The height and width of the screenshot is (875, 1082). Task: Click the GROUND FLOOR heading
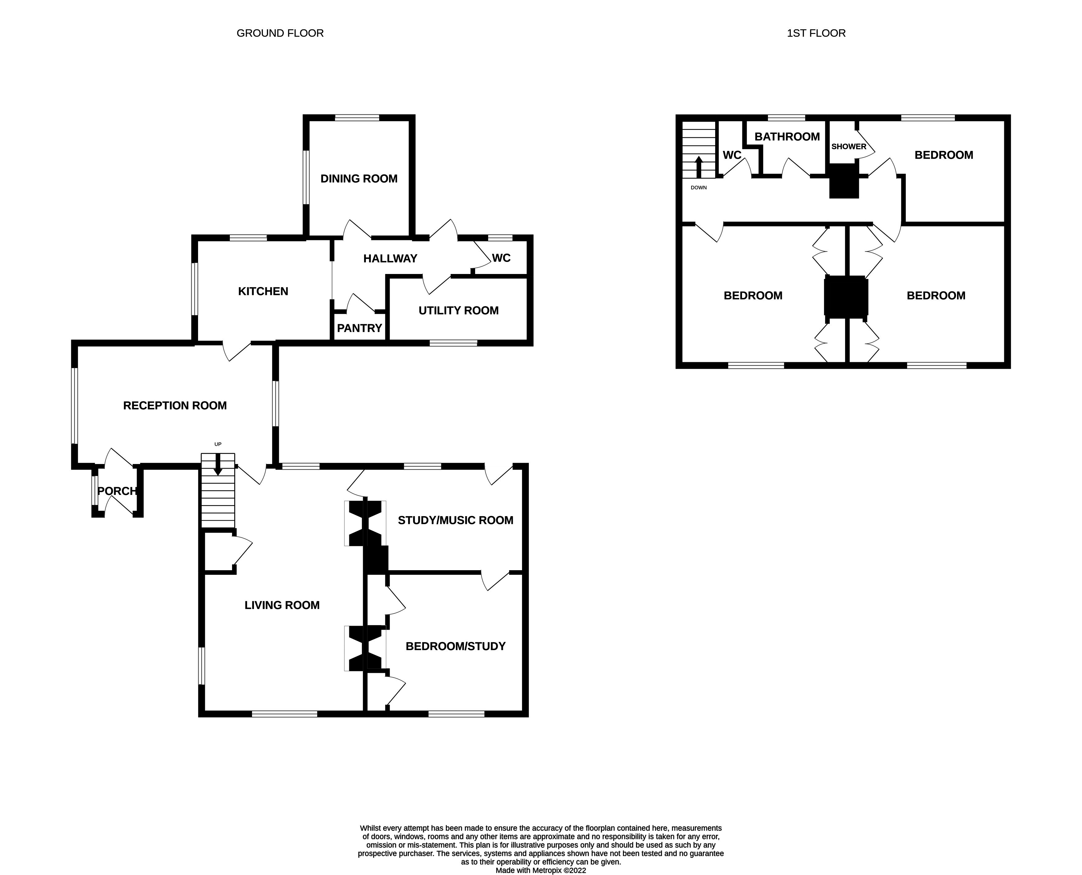[x=280, y=33]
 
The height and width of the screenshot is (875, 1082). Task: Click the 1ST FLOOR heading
[x=816, y=33]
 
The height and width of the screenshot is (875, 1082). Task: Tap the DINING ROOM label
[x=359, y=178]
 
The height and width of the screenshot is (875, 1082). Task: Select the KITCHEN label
[x=263, y=291]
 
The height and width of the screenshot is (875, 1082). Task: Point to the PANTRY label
[x=359, y=328]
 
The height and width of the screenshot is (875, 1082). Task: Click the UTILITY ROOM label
[x=458, y=310]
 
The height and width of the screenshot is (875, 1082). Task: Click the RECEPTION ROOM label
[x=175, y=406]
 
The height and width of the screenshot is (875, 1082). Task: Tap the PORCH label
[x=117, y=491]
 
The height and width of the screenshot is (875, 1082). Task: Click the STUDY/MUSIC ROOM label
[x=456, y=520]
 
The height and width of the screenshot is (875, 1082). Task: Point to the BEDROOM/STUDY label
[x=456, y=646]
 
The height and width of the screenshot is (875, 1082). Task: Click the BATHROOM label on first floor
[x=787, y=137]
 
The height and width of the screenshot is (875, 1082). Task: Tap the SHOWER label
[x=849, y=147]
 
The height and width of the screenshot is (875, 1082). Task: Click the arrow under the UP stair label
[x=218, y=465]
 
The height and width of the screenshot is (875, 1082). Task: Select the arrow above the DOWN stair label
[x=699, y=166]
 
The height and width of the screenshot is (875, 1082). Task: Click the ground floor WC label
[x=501, y=258]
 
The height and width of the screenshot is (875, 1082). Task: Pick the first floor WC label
[x=732, y=155]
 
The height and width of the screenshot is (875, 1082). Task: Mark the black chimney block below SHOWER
[x=844, y=182]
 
